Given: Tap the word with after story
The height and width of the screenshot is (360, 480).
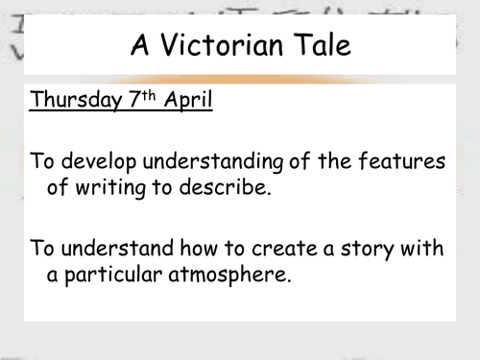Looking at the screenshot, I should click(424, 249).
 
